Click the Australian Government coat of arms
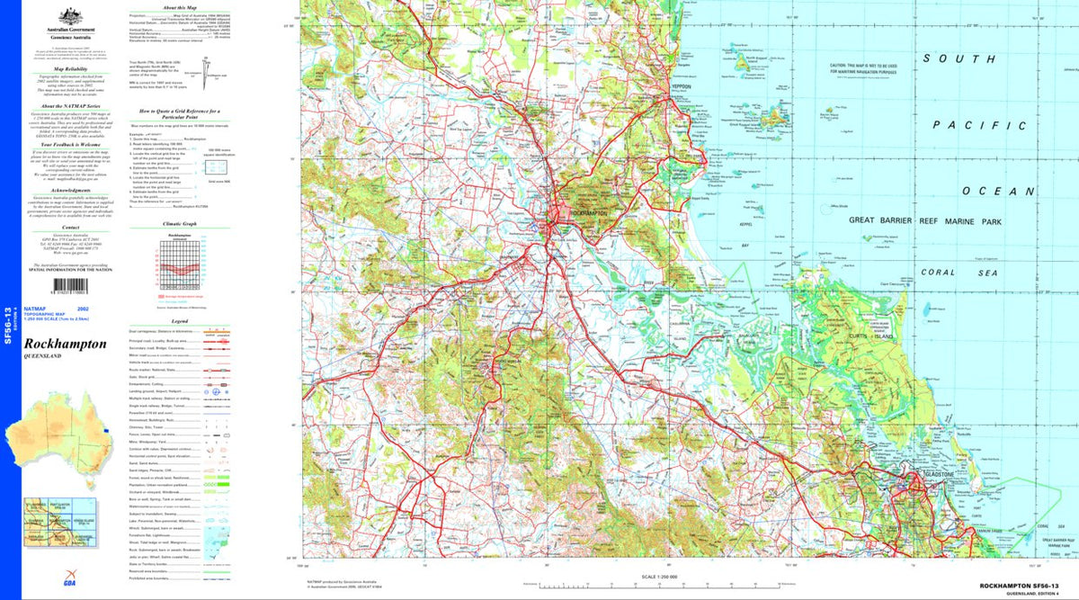(x=65, y=17)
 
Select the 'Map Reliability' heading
(x=70, y=68)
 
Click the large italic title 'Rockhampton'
(x=66, y=344)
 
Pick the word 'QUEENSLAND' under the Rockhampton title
(x=43, y=357)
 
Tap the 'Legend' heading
(x=180, y=320)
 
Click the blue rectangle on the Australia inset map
(x=106, y=430)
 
